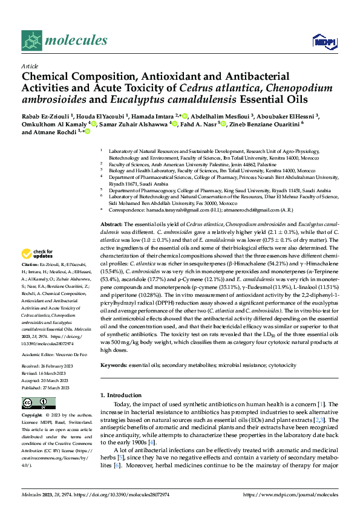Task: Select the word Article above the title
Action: click(x=30, y=66)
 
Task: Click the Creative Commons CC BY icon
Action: click(x=38, y=403)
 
